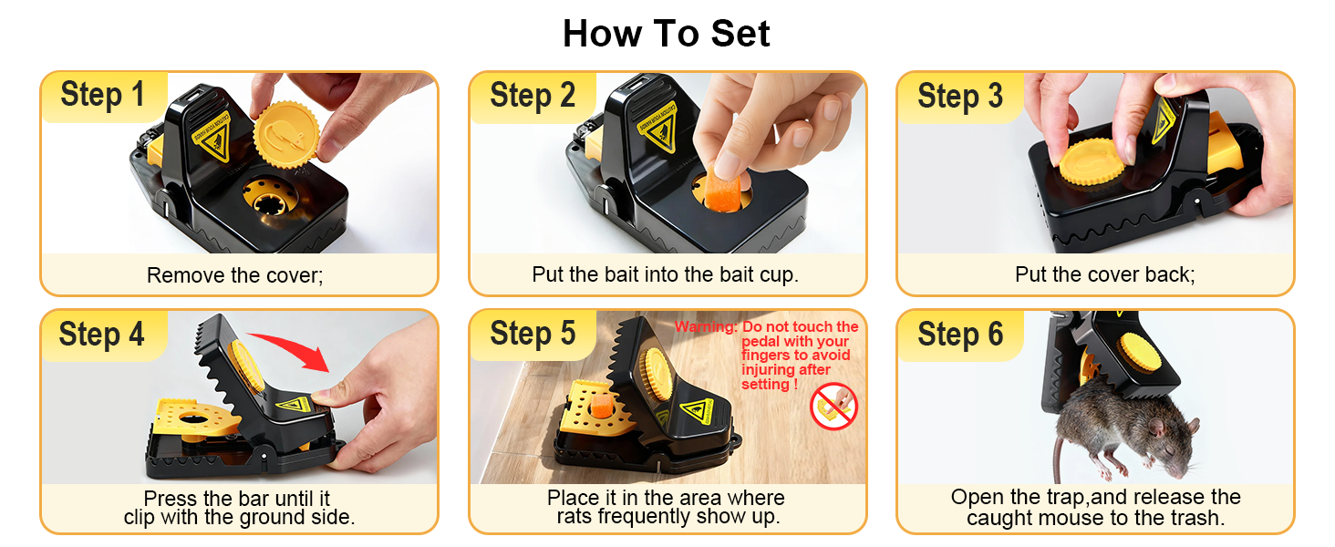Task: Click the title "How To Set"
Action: (x=667, y=34)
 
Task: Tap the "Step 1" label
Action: (x=102, y=95)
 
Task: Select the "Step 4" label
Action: (x=101, y=335)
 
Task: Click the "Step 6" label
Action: (x=960, y=335)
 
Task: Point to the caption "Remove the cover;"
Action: (x=235, y=274)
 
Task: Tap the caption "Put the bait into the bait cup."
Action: (x=665, y=274)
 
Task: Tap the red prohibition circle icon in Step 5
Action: (x=833, y=407)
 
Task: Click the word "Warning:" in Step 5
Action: (x=705, y=327)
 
